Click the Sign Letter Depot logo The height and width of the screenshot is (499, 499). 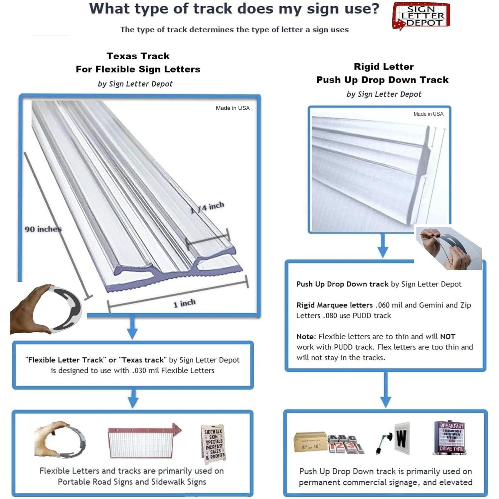[x=421, y=16]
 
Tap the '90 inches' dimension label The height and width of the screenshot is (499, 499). [x=43, y=229]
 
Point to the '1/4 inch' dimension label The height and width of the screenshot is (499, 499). [x=207, y=208]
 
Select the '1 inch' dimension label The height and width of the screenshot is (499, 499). [x=184, y=303]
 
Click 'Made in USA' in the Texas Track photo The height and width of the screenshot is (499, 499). [x=233, y=108]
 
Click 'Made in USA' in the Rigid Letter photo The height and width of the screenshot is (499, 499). [x=428, y=114]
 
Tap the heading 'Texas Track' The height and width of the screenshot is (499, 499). [x=138, y=56]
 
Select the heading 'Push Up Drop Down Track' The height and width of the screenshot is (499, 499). [x=382, y=80]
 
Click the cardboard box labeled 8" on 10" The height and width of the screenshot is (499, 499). [x=310, y=442]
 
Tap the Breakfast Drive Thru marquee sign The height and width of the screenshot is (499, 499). [x=449, y=438]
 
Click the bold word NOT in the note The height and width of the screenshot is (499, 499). [x=447, y=336]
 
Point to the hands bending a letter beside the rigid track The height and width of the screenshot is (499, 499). [x=447, y=248]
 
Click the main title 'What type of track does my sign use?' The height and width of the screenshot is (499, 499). [x=234, y=9]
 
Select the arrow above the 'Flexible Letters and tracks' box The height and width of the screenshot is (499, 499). [x=133, y=399]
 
